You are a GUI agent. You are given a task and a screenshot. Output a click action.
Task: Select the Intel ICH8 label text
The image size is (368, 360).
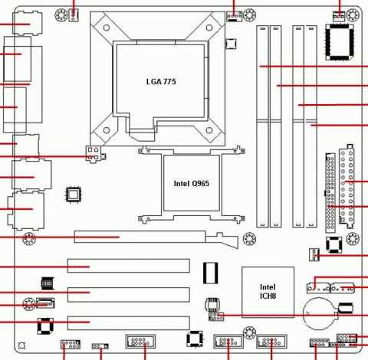(268, 292)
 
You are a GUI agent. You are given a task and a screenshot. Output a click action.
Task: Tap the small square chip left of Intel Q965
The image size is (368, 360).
(74, 195)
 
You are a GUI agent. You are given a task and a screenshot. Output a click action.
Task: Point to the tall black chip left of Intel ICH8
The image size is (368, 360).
(211, 273)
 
